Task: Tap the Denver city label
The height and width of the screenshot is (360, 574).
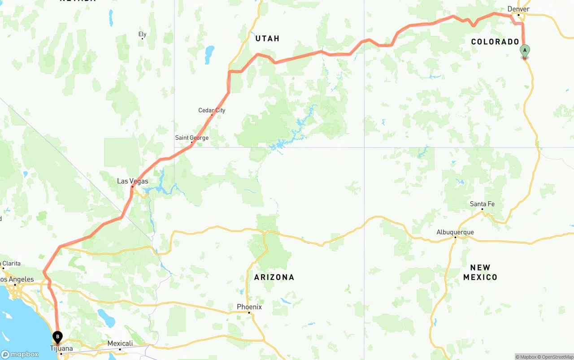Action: [518, 9]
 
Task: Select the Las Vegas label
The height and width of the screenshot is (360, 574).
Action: [132, 181]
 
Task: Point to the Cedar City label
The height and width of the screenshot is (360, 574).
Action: [212, 110]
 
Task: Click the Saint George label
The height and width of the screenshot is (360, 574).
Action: [192, 138]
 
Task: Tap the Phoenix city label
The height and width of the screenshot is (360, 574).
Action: [249, 307]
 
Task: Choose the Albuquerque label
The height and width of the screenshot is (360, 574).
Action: [455, 232]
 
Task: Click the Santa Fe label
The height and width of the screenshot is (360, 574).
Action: [482, 204]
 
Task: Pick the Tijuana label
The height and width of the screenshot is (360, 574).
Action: [61, 348]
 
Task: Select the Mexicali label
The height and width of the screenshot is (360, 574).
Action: [120, 343]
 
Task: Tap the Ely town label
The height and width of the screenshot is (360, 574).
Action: [142, 34]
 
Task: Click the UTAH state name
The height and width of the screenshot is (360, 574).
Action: [267, 39]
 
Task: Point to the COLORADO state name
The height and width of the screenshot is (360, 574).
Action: [495, 42]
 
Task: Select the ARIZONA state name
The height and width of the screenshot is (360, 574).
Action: [274, 277]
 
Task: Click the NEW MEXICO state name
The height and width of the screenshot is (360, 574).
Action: [480, 272]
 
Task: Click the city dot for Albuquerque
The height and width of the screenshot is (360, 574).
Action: [455, 237]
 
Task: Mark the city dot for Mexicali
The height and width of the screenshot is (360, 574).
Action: [120, 349]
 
